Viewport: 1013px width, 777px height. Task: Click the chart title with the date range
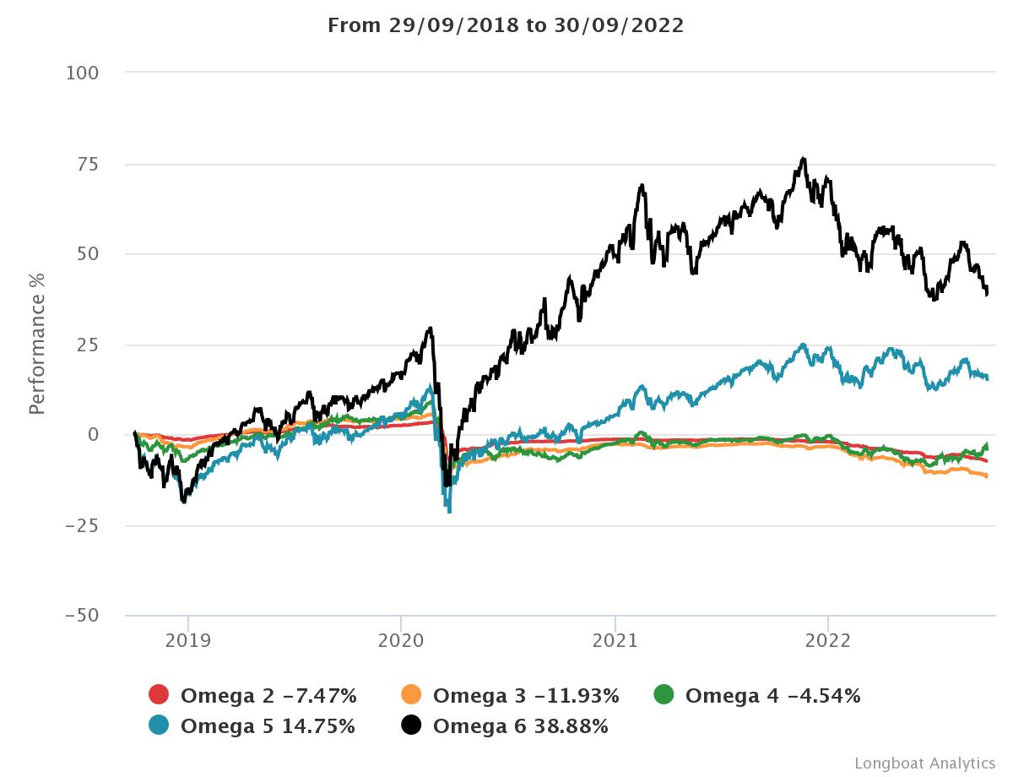506,25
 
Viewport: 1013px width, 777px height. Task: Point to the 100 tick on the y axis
82,73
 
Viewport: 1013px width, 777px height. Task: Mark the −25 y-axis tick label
82,526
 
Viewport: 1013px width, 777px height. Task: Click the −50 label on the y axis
82,616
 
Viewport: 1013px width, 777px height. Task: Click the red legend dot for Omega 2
159,695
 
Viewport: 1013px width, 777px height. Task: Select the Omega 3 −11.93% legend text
526,696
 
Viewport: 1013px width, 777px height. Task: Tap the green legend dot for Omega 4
664,695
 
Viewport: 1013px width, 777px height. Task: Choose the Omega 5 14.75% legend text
268,725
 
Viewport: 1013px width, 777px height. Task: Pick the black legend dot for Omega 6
411,725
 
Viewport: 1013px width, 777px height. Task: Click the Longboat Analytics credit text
924,763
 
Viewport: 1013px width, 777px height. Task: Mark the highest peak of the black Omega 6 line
804,158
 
